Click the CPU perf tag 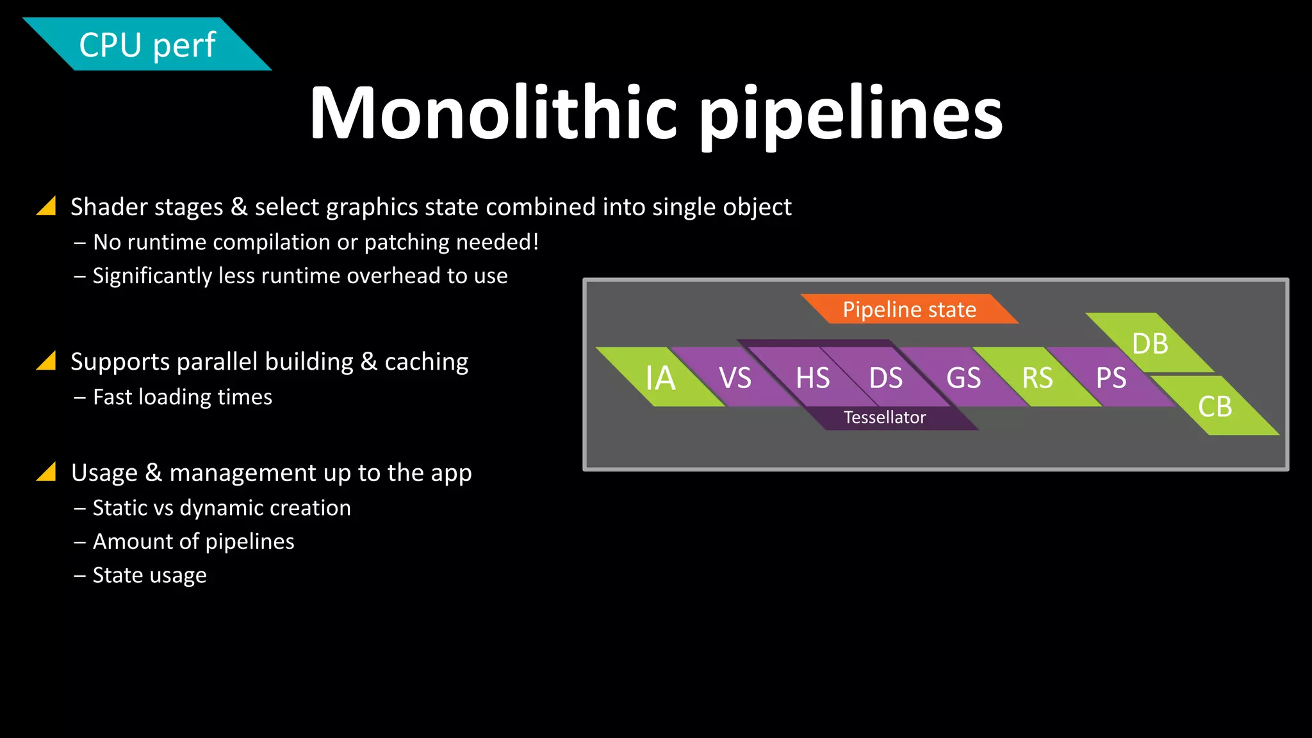click(147, 45)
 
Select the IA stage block click(660, 377)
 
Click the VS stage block click(735, 377)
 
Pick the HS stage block click(812, 377)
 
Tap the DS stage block click(886, 377)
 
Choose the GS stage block click(963, 377)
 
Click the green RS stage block click(1037, 377)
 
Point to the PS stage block click(1111, 377)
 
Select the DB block click(1150, 343)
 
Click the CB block click(1215, 406)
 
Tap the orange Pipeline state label click(909, 309)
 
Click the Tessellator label click(885, 418)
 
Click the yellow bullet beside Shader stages click(47, 206)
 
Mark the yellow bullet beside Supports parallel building click(47, 361)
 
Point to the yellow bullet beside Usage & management click(47, 472)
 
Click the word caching click(426, 362)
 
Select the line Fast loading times click(183, 397)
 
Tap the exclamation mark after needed click(536, 242)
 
